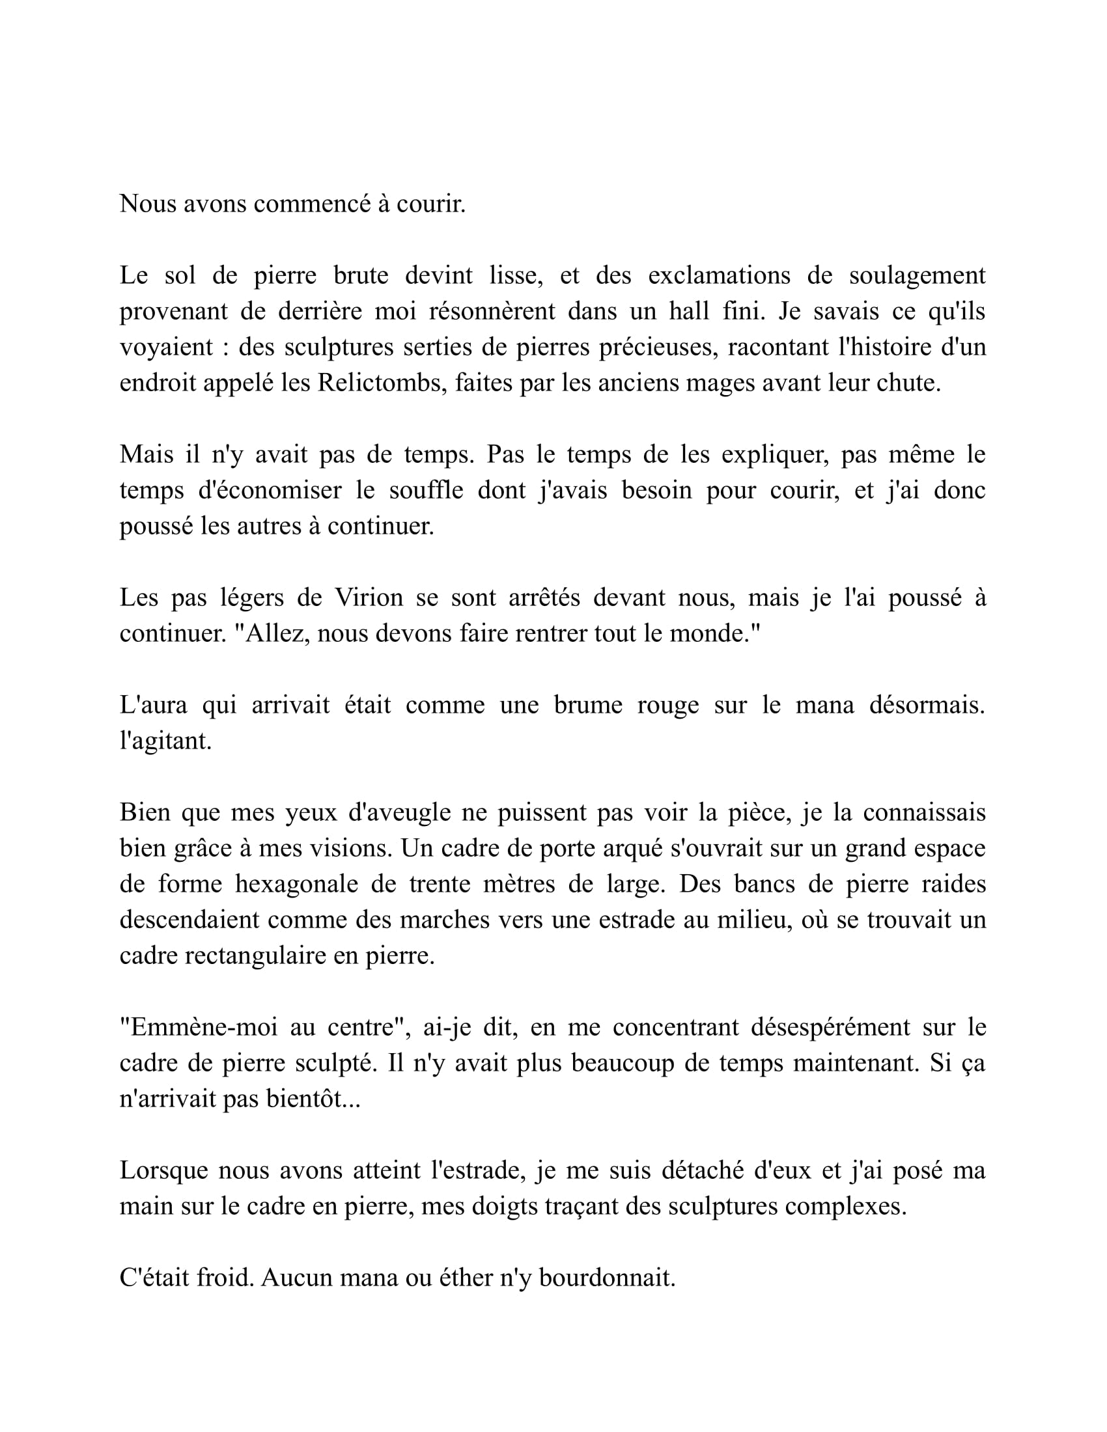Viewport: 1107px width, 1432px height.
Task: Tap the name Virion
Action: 369,598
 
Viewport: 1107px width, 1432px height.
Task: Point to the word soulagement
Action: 917,275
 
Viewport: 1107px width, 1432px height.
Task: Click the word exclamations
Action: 720,275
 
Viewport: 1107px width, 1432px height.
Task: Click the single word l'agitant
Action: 165,741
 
